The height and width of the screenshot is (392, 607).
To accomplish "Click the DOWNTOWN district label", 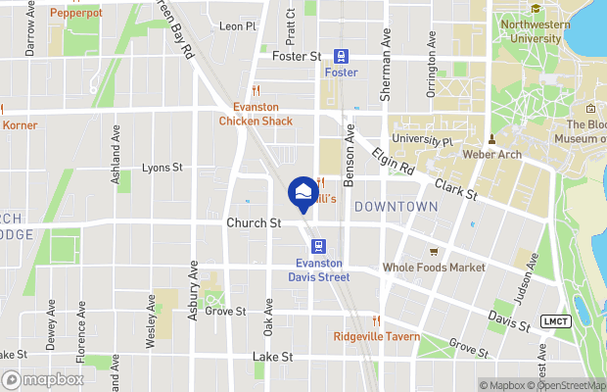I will [x=396, y=207].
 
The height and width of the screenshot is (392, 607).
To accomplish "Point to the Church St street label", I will [x=254, y=223].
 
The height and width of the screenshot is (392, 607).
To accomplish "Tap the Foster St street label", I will [x=296, y=58].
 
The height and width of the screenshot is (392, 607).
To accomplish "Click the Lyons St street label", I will [x=163, y=169].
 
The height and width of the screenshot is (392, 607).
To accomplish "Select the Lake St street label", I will [x=272, y=357].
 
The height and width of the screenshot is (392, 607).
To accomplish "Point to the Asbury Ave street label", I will [x=194, y=288].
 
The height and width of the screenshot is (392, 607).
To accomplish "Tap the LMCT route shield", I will [x=554, y=322].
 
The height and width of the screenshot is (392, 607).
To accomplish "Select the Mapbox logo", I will [x=42, y=379].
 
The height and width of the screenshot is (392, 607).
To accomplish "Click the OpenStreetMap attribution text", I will [x=568, y=384].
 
